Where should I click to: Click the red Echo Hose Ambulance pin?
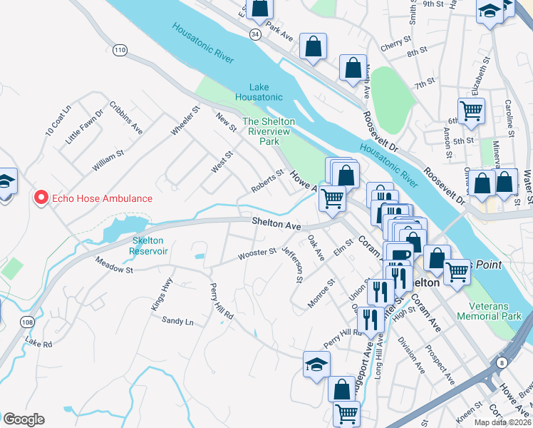click(41, 198)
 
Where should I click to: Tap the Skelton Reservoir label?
click(149, 246)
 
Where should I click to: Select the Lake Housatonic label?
click(260, 92)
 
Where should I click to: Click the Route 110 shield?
click(120, 49)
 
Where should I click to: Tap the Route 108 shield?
click(27, 322)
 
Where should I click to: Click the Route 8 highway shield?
click(503, 364)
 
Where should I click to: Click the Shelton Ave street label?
click(276, 224)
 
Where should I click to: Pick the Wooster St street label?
click(257, 253)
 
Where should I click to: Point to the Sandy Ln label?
click(177, 322)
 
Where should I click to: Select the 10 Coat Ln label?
click(58, 121)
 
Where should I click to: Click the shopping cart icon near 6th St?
click(471, 111)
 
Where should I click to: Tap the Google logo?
click(24, 419)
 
